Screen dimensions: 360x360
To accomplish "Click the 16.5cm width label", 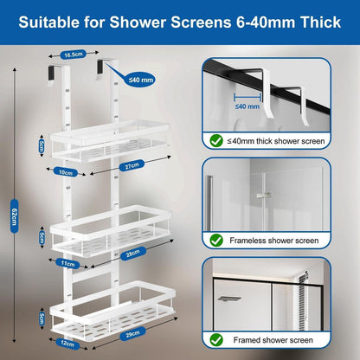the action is (74, 55).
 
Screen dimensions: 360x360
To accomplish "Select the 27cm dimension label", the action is (132, 165).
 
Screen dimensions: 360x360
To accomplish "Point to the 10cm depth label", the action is (66, 172).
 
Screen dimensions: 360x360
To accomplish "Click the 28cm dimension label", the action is (133, 254).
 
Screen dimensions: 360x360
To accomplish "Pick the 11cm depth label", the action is (68, 263).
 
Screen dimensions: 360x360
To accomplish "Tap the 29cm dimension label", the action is (132, 333).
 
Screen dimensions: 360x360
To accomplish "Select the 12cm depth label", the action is (67, 344).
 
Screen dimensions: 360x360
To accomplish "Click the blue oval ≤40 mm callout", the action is (141, 80).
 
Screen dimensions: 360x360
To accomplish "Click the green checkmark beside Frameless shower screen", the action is (216, 241).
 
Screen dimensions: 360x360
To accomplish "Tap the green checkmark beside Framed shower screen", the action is (216, 340).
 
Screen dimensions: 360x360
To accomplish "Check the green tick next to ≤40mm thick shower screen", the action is (216, 141).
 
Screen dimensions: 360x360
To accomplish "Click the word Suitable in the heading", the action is (48, 22).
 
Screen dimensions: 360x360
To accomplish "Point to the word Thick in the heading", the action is (320, 22).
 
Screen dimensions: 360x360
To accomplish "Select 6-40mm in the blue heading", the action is (266, 22).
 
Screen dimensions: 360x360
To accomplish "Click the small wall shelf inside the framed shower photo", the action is (229, 299).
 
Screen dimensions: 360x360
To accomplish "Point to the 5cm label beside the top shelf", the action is (42, 146).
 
